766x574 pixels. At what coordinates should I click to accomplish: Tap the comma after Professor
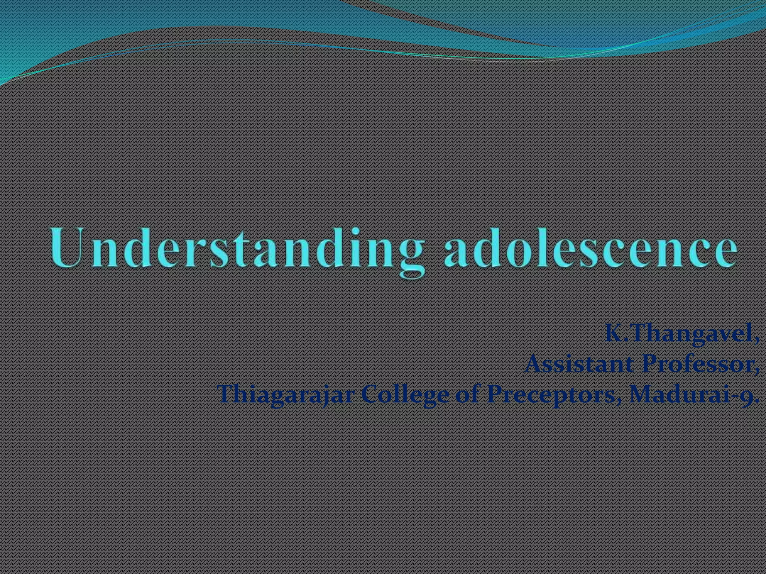(757, 370)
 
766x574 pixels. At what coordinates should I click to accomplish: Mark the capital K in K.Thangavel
(613, 334)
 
